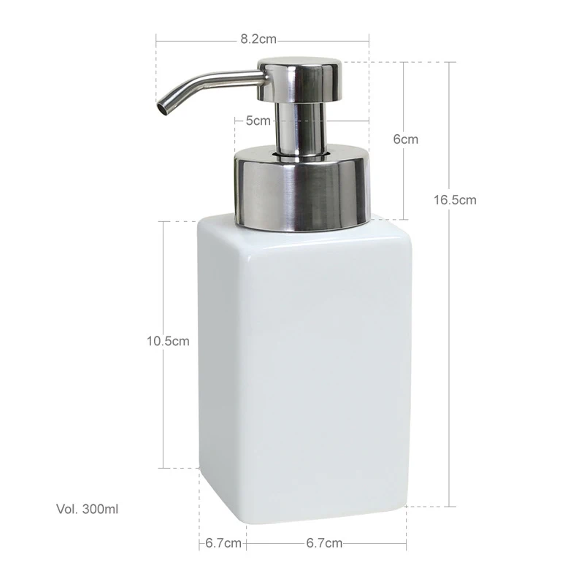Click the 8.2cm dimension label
[258, 39]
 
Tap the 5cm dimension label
[258, 120]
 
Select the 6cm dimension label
[406, 139]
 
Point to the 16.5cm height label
[455, 200]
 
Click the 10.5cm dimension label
[168, 341]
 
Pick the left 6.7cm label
[223, 543]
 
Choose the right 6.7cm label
[324, 543]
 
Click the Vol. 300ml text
[87, 509]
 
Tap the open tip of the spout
[163, 108]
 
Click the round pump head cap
[299, 80]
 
